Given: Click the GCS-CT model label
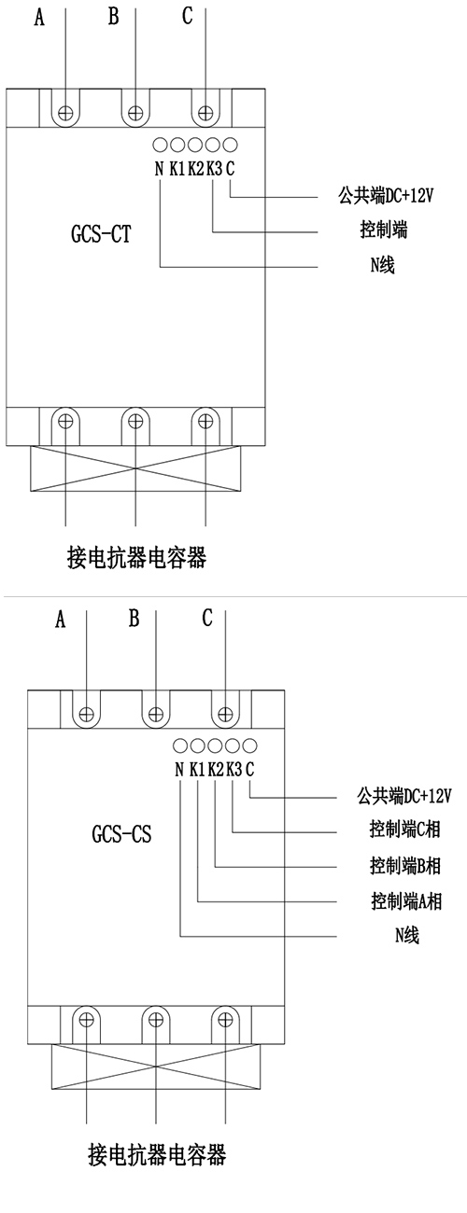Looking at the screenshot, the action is [101, 234].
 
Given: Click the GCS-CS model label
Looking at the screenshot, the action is [121, 834].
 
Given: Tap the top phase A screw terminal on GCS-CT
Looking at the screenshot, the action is [66, 113].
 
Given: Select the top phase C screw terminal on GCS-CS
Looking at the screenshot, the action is [225, 714].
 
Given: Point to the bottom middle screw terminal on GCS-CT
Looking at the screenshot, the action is [135, 422].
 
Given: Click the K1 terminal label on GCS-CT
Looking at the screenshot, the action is [177, 169].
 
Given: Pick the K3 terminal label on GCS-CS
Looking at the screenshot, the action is [234, 769].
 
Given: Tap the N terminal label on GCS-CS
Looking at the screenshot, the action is [179, 769].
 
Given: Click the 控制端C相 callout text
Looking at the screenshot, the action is [404, 830].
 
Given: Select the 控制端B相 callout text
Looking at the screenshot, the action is [405, 865].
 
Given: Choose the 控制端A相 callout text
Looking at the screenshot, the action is [406, 901].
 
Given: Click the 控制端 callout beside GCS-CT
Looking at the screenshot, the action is [384, 230].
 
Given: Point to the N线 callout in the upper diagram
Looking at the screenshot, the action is [383, 265].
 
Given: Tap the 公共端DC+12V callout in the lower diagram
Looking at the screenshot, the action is [404, 796].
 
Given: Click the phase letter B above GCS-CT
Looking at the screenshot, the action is [113, 16].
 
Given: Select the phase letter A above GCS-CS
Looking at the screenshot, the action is [60, 619].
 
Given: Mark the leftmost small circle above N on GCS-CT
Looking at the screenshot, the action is [160, 145].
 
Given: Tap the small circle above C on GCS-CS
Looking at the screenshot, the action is [249, 746].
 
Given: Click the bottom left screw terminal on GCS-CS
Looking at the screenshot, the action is [87, 1020].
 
